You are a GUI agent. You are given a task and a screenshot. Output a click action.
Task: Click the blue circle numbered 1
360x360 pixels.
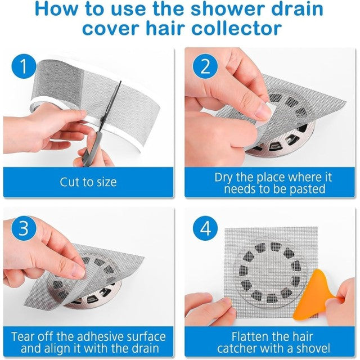pyautogui.click(x=24, y=66)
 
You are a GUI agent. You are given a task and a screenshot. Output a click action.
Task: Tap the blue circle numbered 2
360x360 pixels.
pyautogui.click(x=205, y=66)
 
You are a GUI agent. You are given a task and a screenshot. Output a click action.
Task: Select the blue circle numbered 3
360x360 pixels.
pyautogui.click(x=24, y=228)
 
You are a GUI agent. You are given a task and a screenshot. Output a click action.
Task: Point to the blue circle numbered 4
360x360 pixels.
pyautogui.click(x=205, y=228)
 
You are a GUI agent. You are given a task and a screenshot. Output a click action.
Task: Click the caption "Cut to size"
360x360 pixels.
pyautogui.click(x=88, y=182)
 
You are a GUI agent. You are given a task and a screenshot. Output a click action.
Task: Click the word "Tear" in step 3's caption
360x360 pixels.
pyautogui.click(x=23, y=336)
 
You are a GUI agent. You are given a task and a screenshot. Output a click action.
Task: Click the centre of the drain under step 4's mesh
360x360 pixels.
pyautogui.click(x=270, y=271)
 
